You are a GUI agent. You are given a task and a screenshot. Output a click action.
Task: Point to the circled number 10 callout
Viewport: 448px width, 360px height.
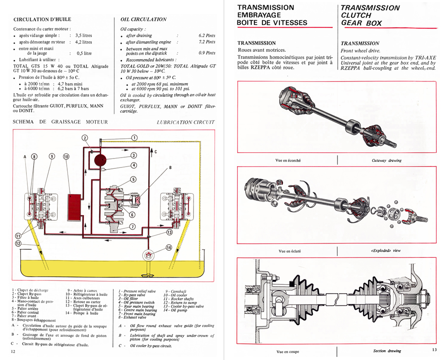(x=66, y=156)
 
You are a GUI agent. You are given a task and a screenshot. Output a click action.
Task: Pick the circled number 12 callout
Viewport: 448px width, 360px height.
(x=18, y=244)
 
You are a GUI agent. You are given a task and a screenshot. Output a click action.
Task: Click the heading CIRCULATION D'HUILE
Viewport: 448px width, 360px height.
(x=43, y=20)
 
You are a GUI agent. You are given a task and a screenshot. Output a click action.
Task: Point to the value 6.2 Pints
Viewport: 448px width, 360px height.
(x=207, y=35)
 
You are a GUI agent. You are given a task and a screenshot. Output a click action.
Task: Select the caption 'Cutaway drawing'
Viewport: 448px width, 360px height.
(x=387, y=160)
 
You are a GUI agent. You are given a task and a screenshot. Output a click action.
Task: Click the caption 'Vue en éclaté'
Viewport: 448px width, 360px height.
(x=288, y=251)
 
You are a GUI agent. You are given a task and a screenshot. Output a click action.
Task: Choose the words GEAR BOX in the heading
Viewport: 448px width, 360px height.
(x=361, y=23)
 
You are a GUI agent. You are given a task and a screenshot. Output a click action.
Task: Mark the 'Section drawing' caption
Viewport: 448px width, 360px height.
(x=387, y=351)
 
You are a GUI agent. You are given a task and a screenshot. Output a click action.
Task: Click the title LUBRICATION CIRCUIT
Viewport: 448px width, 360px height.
(x=186, y=122)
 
